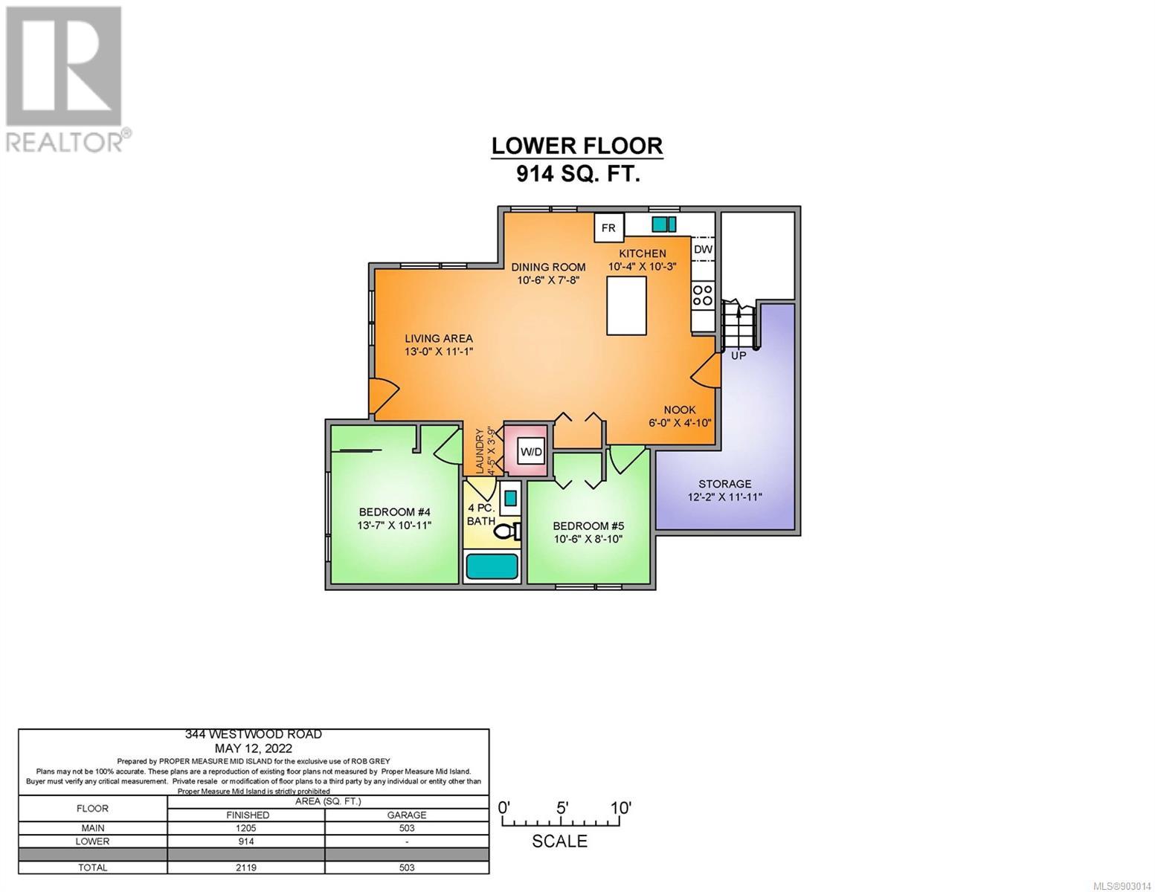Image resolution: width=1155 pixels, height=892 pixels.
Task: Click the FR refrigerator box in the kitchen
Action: pos(608,227)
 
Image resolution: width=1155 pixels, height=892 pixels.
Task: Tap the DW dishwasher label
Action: pos(703,249)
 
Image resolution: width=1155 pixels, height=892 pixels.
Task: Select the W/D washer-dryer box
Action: pos(532,452)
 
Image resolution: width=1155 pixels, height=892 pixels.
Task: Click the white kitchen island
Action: pos(627,306)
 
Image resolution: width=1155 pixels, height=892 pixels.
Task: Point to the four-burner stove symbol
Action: pos(703,295)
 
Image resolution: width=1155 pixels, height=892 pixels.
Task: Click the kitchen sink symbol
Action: pos(663,224)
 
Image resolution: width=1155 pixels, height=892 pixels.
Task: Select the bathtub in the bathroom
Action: pos(492,567)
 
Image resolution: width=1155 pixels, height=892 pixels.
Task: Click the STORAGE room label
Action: pos(724,484)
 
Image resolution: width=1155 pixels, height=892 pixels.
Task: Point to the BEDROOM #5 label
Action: pos(588,526)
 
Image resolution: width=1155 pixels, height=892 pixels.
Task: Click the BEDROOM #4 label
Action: pos(394,512)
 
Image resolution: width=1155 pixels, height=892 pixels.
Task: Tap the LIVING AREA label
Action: pos(439,338)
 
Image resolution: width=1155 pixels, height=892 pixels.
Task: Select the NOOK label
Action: pos(680,410)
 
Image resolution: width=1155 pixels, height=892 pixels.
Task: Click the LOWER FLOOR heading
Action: pos(576,146)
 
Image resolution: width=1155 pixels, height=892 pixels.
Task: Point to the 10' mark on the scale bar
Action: pos(620,808)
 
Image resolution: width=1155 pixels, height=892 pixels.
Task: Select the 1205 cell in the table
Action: pos(246,828)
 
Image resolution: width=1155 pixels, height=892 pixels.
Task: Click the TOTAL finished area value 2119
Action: pos(246,867)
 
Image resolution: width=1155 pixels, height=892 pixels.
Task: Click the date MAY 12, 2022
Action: pos(254,749)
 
